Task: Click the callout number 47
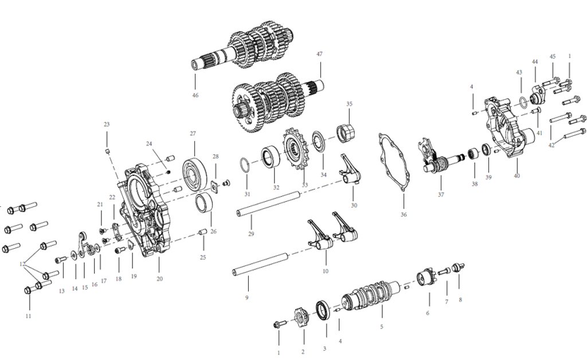(319, 54)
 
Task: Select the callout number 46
(195, 95)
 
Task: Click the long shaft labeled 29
(268, 203)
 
